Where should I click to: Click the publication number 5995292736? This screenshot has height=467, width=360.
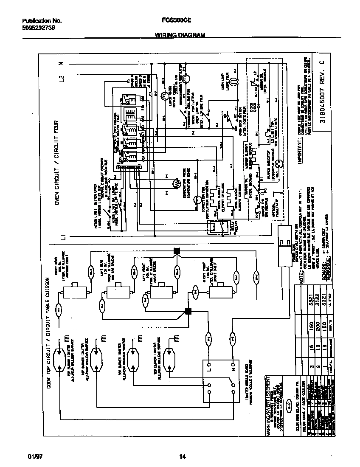click(38, 28)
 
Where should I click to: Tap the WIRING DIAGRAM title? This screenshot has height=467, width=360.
click(177, 36)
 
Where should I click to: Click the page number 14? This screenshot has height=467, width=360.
click(182, 457)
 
